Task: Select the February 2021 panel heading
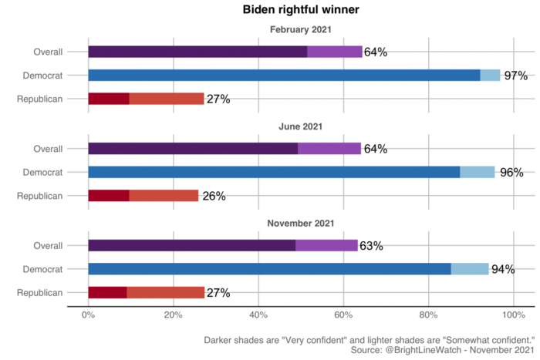[x=301, y=30]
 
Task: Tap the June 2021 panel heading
[x=301, y=126]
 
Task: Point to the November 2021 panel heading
[x=301, y=224]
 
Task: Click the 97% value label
[x=515, y=76]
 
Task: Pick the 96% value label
[x=511, y=173]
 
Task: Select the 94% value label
[x=504, y=269]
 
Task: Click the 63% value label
[x=371, y=246]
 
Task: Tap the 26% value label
[x=214, y=196]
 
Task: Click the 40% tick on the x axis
[x=258, y=315]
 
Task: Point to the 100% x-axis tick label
[x=513, y=315]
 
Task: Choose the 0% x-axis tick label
[x=89, y=315]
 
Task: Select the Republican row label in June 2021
[x=40, y=196]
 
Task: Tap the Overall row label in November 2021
[x=48, y=246]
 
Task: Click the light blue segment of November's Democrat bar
[x=470, y=269]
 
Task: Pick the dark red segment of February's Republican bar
[x=109, y=99]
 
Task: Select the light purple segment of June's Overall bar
[x=329, y=149]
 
